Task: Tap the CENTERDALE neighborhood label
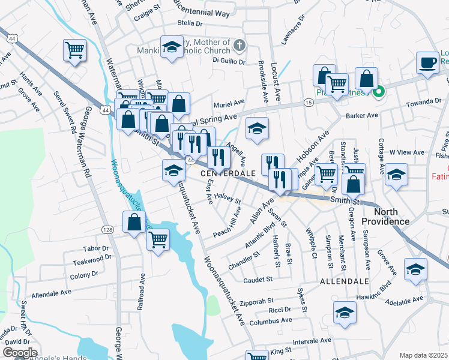[x=229, y=173]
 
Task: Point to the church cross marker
[x=240, y=45]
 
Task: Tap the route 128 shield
[x=107, y=230]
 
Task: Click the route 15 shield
[x=308, y=103]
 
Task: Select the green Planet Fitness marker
[x=378, y=92]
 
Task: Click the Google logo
[x=20, y=352]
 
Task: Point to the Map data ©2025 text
[x=423, y=355]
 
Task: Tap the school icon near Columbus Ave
[x=345, y=312]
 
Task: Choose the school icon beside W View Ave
[x=396, y=175]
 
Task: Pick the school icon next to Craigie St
[x=172, y=47]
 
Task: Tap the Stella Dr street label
[x=191, y=23]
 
